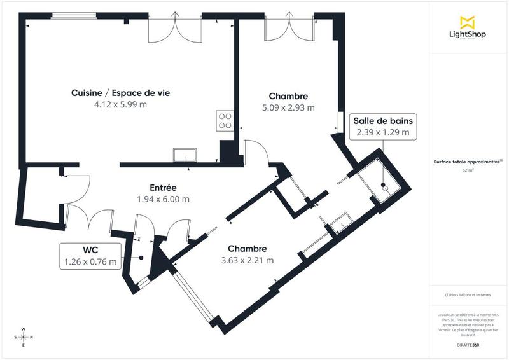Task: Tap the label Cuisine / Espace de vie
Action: pyautogui.click(x=120, y=93)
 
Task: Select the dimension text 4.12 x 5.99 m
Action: pyautogui.click(x=120, y=104)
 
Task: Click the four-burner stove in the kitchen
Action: pyautogui.click(x=225, y=120)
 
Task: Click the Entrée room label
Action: pyautogui.click(x=163, y=188)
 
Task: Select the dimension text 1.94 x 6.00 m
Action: pyautogui.click(x=163, y=199)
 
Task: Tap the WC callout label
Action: pyautogui.click(x=90, y=249)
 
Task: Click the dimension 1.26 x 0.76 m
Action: pyautogui.click(x=90, y=261)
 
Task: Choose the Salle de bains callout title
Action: pyautogui.click(x=383, y=121)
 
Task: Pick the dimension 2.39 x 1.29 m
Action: pyautogui.click(x=383, y=133)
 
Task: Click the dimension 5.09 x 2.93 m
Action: pyautogui.click(x=288, y=107)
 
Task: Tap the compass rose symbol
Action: pyautogui.click(x=24, y=337)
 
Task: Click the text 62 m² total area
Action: pyautogui.click(x=468, y=170)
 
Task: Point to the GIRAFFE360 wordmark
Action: pyautogui.click(x=468, y=343)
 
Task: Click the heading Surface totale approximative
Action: pyautogui.click(x=468, y=162)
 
